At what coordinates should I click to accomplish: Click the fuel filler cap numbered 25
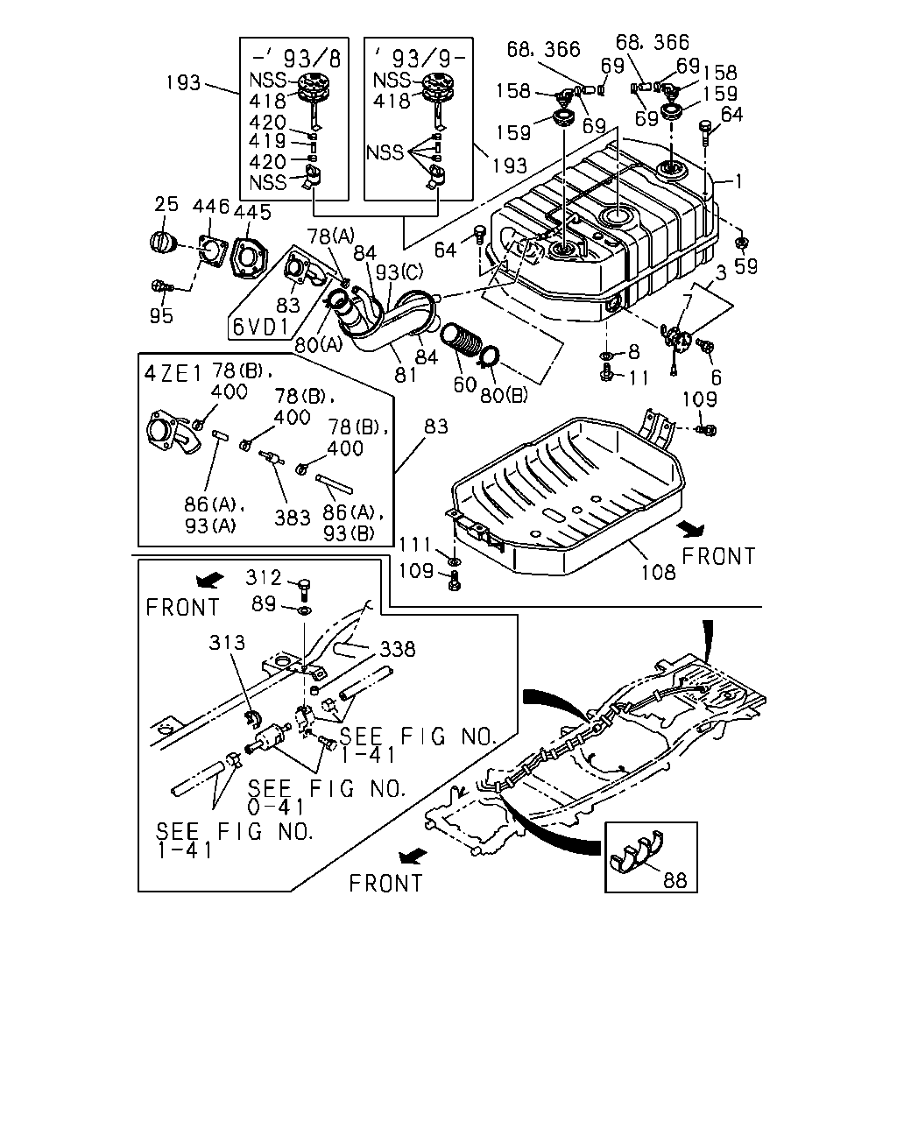click(164, 243)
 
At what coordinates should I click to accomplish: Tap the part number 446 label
click(211, 207)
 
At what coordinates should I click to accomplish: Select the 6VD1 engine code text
click(261, 328)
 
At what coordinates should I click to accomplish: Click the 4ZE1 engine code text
click(173, 373)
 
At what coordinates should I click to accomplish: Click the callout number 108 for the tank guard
click(658, 573)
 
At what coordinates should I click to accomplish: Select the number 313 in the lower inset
click(227, 642)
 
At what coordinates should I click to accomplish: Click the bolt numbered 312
click(305, 590)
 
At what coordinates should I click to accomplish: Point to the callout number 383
click(293, 518)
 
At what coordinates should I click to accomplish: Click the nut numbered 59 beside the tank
click(739, 243)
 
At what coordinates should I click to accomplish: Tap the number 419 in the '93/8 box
click(267, 141)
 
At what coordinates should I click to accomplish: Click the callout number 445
click(252, 212)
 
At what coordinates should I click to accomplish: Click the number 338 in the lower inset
click(398, 649)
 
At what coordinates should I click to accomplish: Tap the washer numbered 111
click(455, 561)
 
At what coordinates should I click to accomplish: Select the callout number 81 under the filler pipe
click(406, 374)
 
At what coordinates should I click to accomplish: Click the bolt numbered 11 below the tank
click(607, 373)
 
